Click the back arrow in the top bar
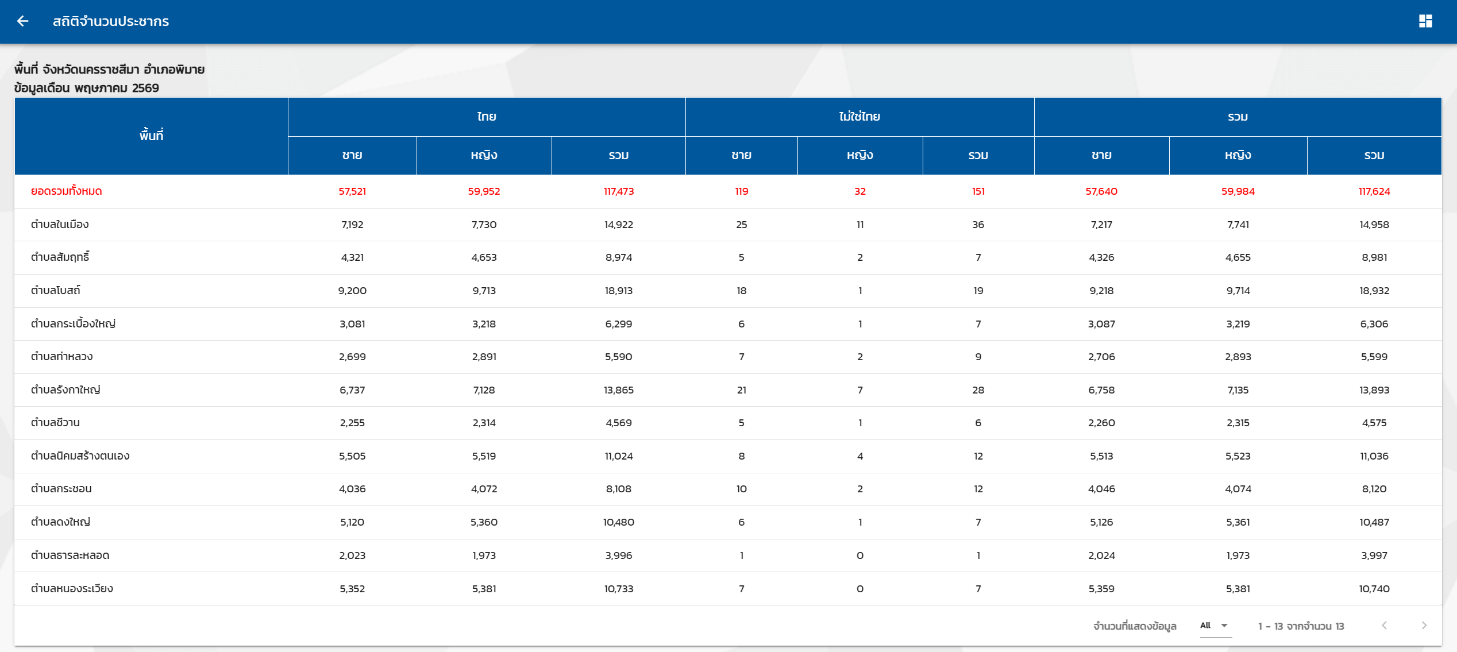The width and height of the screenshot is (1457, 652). pos(22,21)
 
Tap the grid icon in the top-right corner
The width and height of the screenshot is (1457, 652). pos(1425,21)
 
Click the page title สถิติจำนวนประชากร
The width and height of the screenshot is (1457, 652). pos(111,21)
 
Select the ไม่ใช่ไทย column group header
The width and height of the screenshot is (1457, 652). pos(859,117)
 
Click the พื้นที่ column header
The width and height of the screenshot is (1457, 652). pos(151,135)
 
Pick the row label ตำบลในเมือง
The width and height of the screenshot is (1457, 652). pos(60,225)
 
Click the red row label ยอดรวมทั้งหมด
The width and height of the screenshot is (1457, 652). pos(67,191)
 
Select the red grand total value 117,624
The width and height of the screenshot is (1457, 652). pos(1374,191)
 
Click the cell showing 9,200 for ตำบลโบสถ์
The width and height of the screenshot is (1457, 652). pos(352,291)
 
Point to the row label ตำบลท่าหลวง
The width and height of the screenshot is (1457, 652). pos(61,356)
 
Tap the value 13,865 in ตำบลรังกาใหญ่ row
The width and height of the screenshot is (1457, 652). pos(619,390)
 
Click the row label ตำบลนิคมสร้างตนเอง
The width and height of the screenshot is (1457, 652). pos(80,456)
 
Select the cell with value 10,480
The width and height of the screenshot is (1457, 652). pos(619,522)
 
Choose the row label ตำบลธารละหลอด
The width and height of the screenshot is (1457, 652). pos(70,555)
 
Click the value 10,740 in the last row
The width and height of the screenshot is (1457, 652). pos(1374,589)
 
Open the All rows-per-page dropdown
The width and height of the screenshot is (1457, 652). pos(1214,626)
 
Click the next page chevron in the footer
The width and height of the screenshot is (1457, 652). pos(1424,626)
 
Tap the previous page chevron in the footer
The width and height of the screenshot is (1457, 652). pos(1384,626)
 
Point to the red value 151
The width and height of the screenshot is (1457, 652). pos(978,191)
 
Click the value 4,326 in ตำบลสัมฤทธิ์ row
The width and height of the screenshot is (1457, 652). pos(1101,257)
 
